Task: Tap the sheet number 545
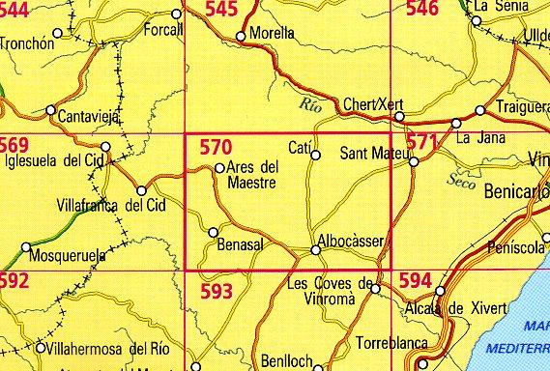click(221, 11)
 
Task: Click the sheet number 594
click(415, 281)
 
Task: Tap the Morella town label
click(272, 32)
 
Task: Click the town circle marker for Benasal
click(214, 230)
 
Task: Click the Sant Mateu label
click(372, 154)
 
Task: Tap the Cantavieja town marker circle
click(51, 110)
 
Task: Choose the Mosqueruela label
click(65, 261)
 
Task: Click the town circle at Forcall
click(176, 14)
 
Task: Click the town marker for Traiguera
click(480, 110)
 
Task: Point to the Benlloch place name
click(286, 360)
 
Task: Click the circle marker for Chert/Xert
click(399, 117)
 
